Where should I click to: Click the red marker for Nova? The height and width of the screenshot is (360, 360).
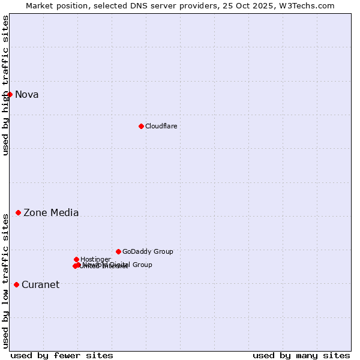click(x=10, y=94)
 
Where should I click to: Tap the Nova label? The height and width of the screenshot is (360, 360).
click(x=26, y=94)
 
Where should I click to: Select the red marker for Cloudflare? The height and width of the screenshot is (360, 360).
click(x=141, y=126)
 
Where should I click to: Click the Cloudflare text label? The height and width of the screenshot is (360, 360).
click(x=161, y=126)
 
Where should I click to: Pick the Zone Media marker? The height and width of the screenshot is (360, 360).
click(x=18, y=212)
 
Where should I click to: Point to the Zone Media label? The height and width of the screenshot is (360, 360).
click(x=51, y=212)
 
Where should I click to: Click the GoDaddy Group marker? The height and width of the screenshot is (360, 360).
click(x=118, y=251)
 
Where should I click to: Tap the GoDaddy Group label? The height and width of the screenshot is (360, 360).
click(x=148, y=251)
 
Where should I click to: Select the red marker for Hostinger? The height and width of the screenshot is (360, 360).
click(x=76, y=259)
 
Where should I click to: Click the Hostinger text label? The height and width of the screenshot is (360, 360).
click(x=95, y=259)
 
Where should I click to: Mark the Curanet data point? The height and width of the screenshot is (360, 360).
click(x=16, y=284)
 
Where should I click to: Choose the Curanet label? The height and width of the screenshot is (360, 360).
click(x=40, y=284)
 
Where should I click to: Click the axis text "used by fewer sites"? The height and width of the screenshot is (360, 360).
click(x=62, y=355)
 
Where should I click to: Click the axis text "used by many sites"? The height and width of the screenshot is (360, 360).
click(x=301, y=355)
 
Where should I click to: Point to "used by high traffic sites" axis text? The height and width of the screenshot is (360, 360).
click(x=6, y=85)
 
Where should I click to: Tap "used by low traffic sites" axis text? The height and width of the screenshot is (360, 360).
click(x=6, y=280)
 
